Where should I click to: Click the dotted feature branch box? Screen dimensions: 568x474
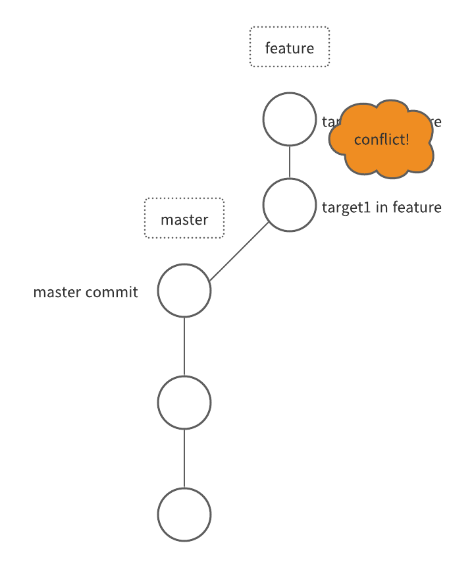pos(290,47)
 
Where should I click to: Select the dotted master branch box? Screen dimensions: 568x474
pos(184,219)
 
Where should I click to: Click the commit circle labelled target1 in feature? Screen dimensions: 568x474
pos(290,205)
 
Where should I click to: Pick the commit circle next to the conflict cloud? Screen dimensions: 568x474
pos(290,119)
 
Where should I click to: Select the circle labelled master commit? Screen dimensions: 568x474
pos(184,291)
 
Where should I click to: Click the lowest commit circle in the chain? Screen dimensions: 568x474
pos(184,515)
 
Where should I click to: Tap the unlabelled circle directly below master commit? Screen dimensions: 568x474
pos(184,403)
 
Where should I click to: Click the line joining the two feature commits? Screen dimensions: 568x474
pos(290,162)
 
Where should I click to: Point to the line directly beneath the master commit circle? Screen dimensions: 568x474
pos(184,347)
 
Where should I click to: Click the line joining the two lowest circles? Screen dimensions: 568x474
pos(184,459)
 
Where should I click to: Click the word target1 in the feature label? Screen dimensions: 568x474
pos(346,208)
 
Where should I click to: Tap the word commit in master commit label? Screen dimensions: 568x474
pos(116,292)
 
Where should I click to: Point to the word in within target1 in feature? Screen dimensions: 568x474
pos(381,208)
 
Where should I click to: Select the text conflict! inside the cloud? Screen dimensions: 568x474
pos(382,140)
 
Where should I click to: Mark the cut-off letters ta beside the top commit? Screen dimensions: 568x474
pos(327,122)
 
